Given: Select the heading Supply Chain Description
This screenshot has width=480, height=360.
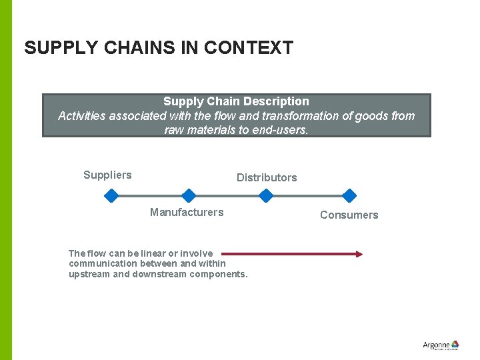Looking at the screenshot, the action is (x=236, y=101).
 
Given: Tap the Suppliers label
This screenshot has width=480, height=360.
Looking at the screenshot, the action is (x=107, y=175).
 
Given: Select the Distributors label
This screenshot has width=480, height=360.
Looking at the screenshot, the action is (x=267, y=177).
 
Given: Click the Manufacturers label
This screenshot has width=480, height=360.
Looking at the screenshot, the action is (x=187, y=212).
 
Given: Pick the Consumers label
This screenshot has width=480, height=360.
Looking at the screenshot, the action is (x=349, y=215).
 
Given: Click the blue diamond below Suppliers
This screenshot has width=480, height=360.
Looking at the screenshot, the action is (x=112, y=195).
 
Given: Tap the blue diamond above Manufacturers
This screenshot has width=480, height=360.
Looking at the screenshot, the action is (x=189, y=195).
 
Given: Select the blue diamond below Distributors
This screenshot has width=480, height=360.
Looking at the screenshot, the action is (x=266, y=195).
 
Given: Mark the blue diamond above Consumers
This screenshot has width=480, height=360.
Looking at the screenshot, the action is (x=349, y=195).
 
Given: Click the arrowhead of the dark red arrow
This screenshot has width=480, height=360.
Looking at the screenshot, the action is (x=359, y=253).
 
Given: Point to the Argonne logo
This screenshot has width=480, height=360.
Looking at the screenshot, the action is (x=441, y=345).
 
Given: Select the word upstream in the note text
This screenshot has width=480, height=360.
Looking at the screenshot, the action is (x=89, y=274).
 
